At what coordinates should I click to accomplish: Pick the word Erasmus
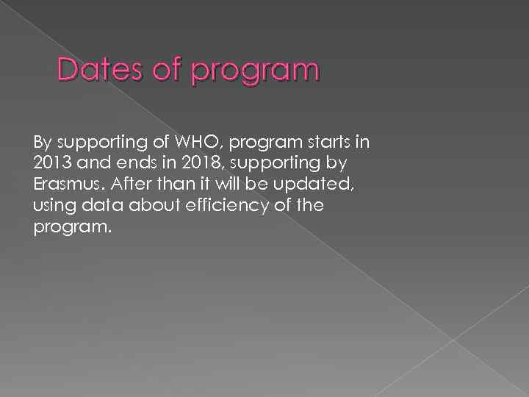(65, 184)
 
